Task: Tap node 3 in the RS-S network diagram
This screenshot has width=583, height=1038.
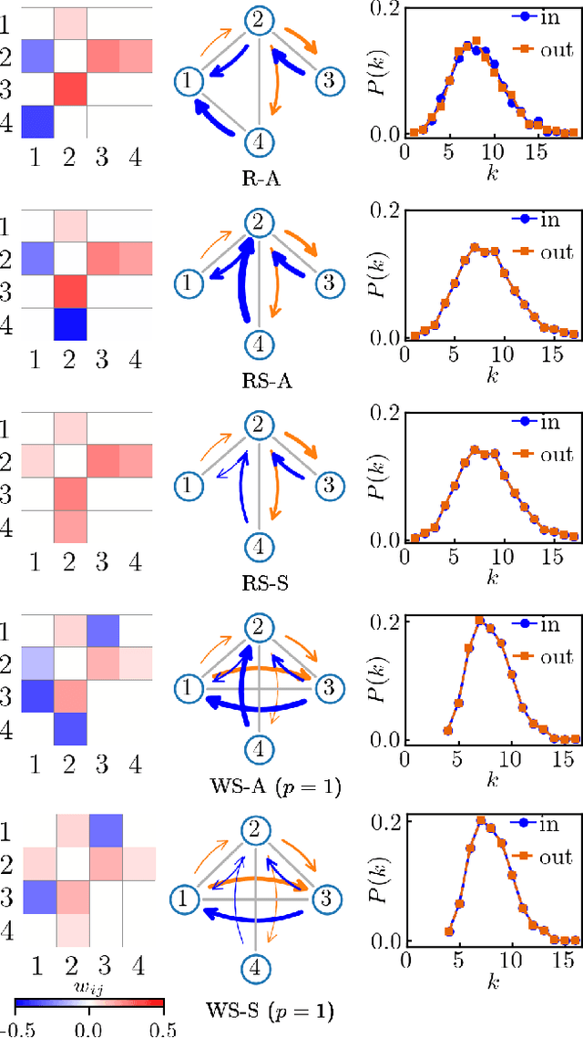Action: pos(325,483)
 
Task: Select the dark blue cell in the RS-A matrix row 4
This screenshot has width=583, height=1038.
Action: pos(70,324)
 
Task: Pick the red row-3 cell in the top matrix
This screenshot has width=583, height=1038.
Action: pos(70,88)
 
